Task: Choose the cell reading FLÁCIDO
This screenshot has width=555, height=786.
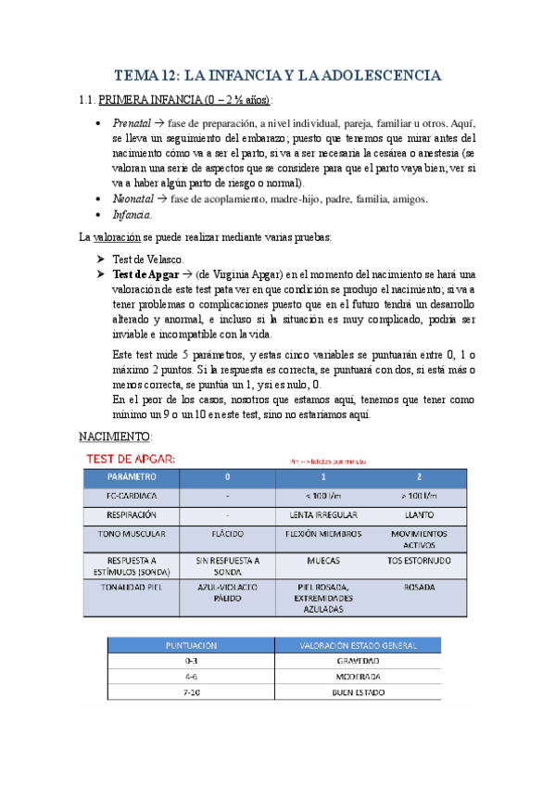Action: [x=227, y=535]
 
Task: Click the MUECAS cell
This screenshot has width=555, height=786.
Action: [x=322, y=561]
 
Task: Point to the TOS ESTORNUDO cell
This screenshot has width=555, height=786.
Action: [x=418, y=561]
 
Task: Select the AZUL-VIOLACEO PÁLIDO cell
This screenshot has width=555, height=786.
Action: [x=227, y=592]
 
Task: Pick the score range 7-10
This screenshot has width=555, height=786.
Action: [x=191, y=691]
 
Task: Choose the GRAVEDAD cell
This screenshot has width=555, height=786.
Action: [x=357, y=661]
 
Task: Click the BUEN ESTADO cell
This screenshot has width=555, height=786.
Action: [x=357, y=691]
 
